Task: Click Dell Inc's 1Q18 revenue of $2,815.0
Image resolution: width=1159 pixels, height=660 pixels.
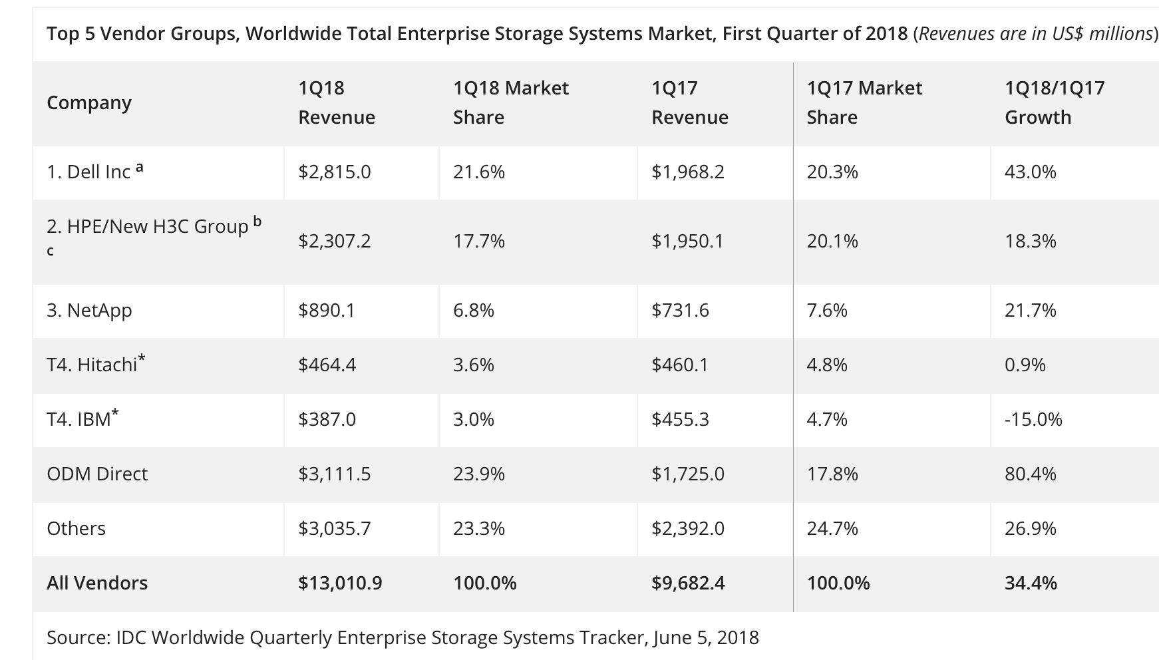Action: click(x=334, y=172)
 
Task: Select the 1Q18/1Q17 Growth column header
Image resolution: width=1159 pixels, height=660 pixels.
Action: click(x=1054, y=102)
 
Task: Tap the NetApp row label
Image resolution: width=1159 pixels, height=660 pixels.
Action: click(x=89, y=311)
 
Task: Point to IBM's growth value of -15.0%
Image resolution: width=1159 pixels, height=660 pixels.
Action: click(x=1033, y=420)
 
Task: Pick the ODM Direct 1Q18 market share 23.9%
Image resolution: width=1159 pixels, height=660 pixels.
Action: click(x=478, y=474)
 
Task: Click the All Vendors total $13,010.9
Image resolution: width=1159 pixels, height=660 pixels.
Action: click(x=339, y=583)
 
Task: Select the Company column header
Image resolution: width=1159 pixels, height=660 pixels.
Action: click(x=89, y=103)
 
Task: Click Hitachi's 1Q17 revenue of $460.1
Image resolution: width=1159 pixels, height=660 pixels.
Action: click(x=679, y=365)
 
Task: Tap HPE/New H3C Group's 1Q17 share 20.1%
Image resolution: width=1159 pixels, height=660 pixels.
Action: click(x=832, y=242)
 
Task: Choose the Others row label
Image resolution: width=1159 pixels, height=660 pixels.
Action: click(x=76, y=529)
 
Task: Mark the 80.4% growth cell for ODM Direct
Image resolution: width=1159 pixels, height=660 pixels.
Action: click(x=1030, y=474)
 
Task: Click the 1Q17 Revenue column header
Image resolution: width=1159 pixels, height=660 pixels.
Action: click(x=689, y=102)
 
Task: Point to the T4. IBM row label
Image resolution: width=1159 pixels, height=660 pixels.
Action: click(x=79, y=420)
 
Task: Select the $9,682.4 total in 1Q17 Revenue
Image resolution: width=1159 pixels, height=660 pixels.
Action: click(x=687, y=583)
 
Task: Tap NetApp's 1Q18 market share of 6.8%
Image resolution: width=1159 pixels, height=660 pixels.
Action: click(x=473, y=311)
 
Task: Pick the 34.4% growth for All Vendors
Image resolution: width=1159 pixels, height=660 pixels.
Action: click(x=1030, y=583)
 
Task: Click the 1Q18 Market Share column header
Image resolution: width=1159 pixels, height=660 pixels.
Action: click(x=510, y=102)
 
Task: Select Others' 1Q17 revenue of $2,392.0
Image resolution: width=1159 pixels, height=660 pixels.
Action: click(x=687, y=529)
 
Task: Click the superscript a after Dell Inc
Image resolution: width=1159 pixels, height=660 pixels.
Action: click(x=139, y=168)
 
